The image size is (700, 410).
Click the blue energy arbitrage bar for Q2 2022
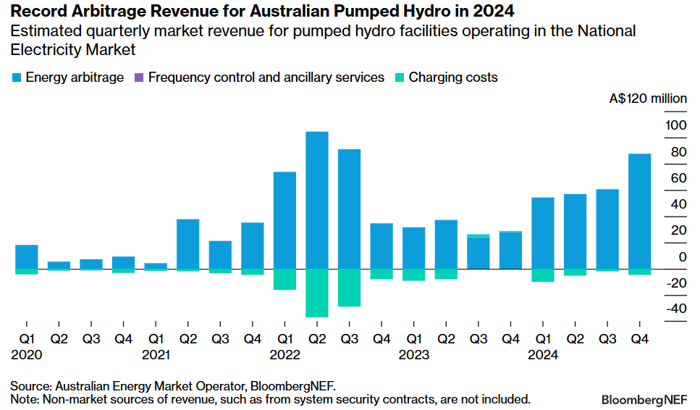(x=317, y=200)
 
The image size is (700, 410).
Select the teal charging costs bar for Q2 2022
(x=317, y=293)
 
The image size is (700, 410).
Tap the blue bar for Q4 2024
(x=639, y=211)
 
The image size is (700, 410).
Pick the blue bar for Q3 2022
(x=349, y=209)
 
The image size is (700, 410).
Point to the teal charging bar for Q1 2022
(x=284, y=279)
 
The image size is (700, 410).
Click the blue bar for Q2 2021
(x=188, y=244)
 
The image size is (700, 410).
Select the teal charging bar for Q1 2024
(x=542, y=275)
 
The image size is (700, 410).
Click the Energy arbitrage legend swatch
(x=16, y=78)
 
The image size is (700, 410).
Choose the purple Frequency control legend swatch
(x=139, y=78)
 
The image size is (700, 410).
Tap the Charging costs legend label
(x=453, y=78)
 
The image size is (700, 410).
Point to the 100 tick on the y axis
(x=675, y=125)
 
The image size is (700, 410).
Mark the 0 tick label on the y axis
(x=681, y=256)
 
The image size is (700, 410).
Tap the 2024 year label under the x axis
(x=543, y=355)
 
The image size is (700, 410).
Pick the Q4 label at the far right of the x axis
(x=639, y=338)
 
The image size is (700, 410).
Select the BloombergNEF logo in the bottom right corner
(x=645, y=399)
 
